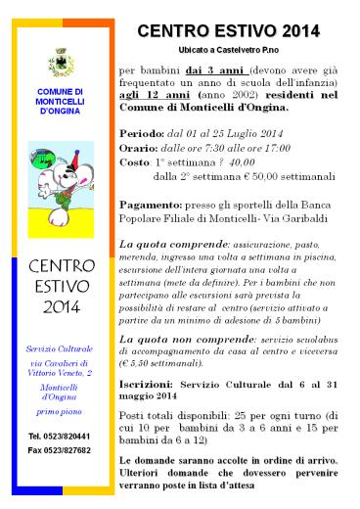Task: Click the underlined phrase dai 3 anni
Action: pos(213,71)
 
